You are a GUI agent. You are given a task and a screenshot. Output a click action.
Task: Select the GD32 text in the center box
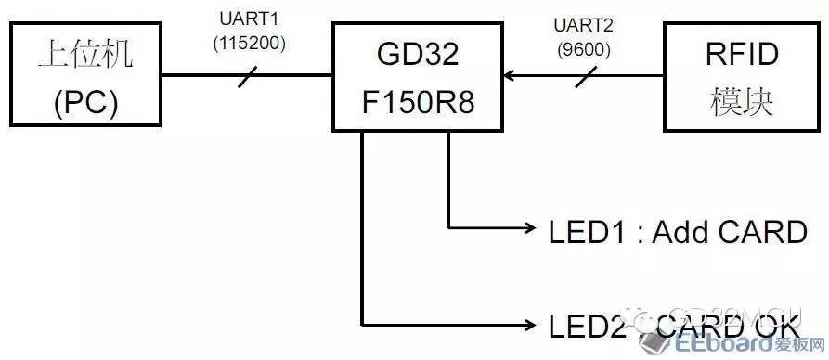pyautogui.click(x=417, y=54)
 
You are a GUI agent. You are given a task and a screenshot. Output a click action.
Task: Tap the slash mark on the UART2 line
pyautogui.click(x=584, y=78)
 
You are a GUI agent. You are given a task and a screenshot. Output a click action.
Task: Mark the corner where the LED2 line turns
pyautogui.click(x=361, y=324)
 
